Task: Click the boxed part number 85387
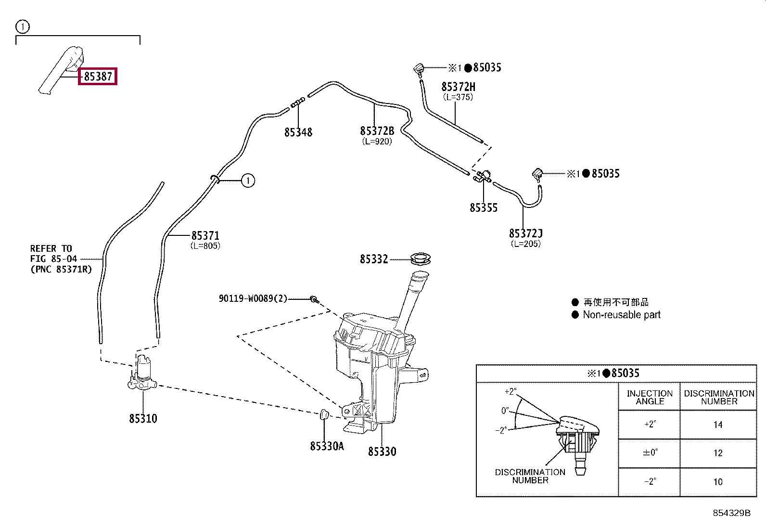tap(98, 77)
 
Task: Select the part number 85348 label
tap(298, 132)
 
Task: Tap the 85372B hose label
tap(377, 131)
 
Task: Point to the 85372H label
tap(458, 87)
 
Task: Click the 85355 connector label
tap(484, 207)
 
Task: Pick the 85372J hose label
tap(525, 233)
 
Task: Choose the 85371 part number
tap(205, 235)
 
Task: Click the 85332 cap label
tap(374, 259)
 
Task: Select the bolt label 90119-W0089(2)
tap(253, 298)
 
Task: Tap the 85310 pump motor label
tap(143, 418)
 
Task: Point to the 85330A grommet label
tap(327, 446)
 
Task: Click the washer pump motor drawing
tap(142, 373)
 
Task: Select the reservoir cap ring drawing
tap(420, 258)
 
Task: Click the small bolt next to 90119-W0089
tap(314, 300)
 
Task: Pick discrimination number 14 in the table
tap(718, 425)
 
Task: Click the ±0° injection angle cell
tap(650, 452)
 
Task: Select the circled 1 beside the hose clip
tap(248, 181)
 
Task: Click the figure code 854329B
tap(731, 513)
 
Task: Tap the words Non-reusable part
tap(621, 314)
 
